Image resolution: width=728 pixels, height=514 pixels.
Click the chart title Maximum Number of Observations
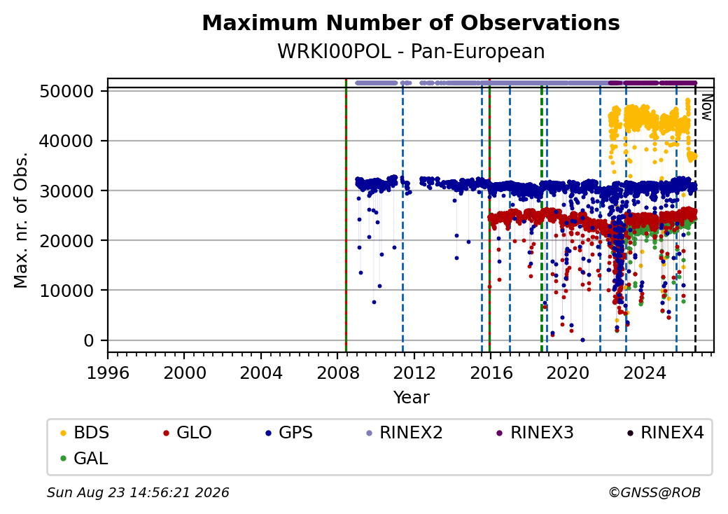411,22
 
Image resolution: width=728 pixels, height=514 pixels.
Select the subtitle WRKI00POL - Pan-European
411,52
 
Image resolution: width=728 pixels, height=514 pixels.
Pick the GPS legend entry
289,433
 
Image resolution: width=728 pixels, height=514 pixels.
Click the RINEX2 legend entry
404,433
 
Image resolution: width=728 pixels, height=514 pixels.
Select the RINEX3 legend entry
535,433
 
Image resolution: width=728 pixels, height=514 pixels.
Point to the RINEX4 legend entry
665,433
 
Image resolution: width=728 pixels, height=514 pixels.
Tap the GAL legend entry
84,458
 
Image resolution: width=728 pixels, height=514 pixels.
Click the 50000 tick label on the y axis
67,92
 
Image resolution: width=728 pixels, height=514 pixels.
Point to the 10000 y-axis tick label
67,291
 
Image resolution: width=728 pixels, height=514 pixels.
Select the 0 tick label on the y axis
89,341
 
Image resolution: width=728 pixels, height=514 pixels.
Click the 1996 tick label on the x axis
108,373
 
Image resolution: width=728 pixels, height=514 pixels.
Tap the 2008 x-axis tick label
337,373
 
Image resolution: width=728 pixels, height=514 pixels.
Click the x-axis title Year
412,398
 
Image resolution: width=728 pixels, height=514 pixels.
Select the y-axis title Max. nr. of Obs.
21,220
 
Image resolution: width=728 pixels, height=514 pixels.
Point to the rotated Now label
706,107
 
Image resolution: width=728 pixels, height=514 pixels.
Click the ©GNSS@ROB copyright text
654,492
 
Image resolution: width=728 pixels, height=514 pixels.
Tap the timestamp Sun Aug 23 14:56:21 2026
138,492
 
